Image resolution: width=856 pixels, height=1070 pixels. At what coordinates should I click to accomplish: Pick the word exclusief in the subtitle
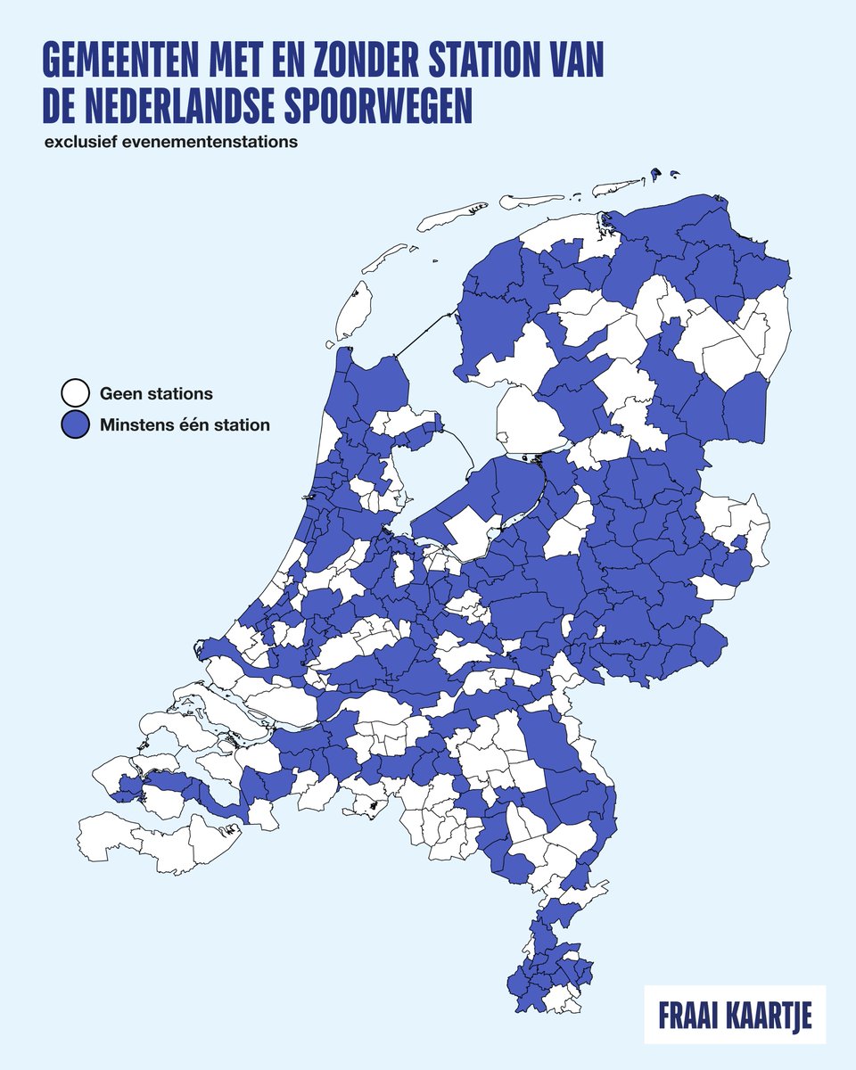coord(79,143)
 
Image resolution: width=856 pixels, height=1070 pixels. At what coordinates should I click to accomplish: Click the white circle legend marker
coord(75,392)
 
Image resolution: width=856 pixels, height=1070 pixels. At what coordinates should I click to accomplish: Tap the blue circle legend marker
coord(75,425)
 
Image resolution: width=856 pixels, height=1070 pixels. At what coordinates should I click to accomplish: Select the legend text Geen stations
coord(156,392)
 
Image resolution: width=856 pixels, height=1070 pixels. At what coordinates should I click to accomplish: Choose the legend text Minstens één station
coord(185,425)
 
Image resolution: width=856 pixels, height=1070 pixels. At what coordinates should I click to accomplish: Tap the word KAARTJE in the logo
coord(774,1016)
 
